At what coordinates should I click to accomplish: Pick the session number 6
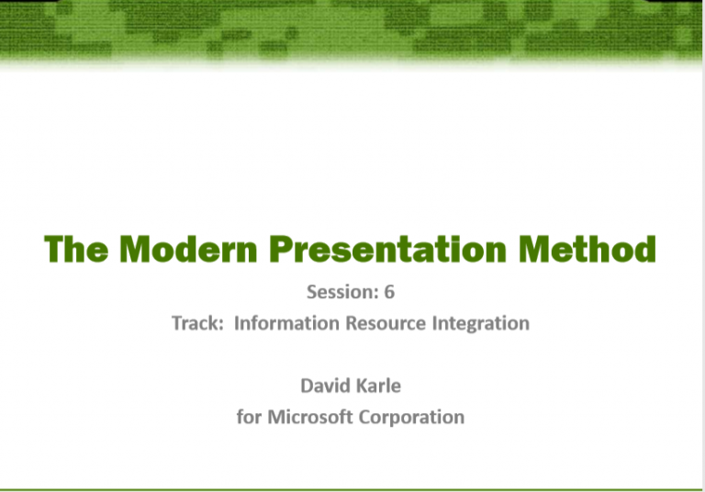[389, 293]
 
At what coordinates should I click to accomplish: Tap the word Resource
[384, 323]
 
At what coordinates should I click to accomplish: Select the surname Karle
[378, 386]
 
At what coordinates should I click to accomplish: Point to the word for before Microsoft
[249, 417]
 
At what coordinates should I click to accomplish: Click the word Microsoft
[313, 417]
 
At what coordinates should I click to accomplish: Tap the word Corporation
[415, 417]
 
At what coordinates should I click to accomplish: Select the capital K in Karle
[360, 386]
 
